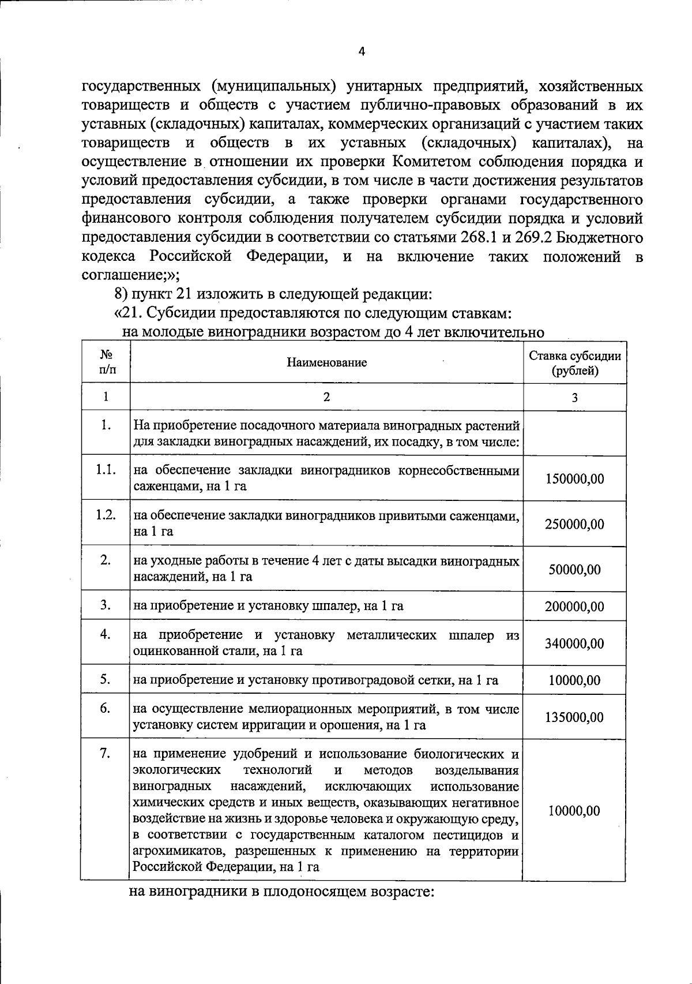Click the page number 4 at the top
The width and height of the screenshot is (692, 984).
click(362, 51)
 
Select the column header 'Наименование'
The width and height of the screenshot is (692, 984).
click(326, 363)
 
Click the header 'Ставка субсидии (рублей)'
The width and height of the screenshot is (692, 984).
click(575, 363)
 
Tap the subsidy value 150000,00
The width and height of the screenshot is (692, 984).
click(575, 478)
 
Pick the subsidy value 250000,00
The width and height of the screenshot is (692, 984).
click(575, 524)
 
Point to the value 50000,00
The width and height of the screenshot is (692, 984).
click(575, 570)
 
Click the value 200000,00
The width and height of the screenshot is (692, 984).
click(575, 607)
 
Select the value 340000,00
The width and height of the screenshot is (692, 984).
click(575, 643)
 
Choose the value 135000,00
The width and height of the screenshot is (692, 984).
click(575, 717)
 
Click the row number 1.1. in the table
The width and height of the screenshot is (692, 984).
click(106, 470)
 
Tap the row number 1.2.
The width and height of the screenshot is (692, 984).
click(106, 515)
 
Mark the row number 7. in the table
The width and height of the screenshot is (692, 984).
click(106, 754)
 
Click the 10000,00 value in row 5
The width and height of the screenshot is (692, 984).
click(575, 680)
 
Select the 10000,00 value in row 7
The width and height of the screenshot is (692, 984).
click(575, 811)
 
